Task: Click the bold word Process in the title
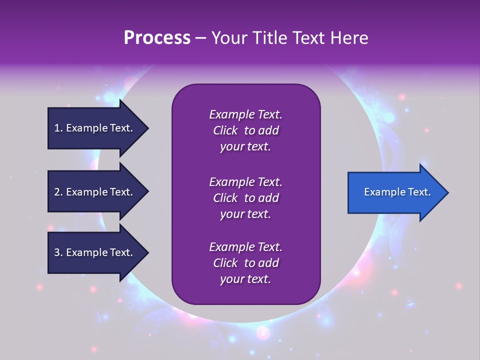pos(157,37)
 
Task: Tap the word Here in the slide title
pos(348,37)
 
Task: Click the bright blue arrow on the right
pos(395,192)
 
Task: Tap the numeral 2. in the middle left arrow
pos(58,192)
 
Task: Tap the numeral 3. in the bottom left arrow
pos(58,252)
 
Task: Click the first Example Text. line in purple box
pos(245,114)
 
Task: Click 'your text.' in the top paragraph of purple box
pos(245,146)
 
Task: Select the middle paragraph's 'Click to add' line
pos(245,198)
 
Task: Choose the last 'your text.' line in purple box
pos(245,279)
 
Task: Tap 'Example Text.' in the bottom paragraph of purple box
pos(245,247)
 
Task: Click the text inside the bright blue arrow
pos(397,192)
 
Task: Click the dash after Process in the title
pos(200,37)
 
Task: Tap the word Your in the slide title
pos(229,37)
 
